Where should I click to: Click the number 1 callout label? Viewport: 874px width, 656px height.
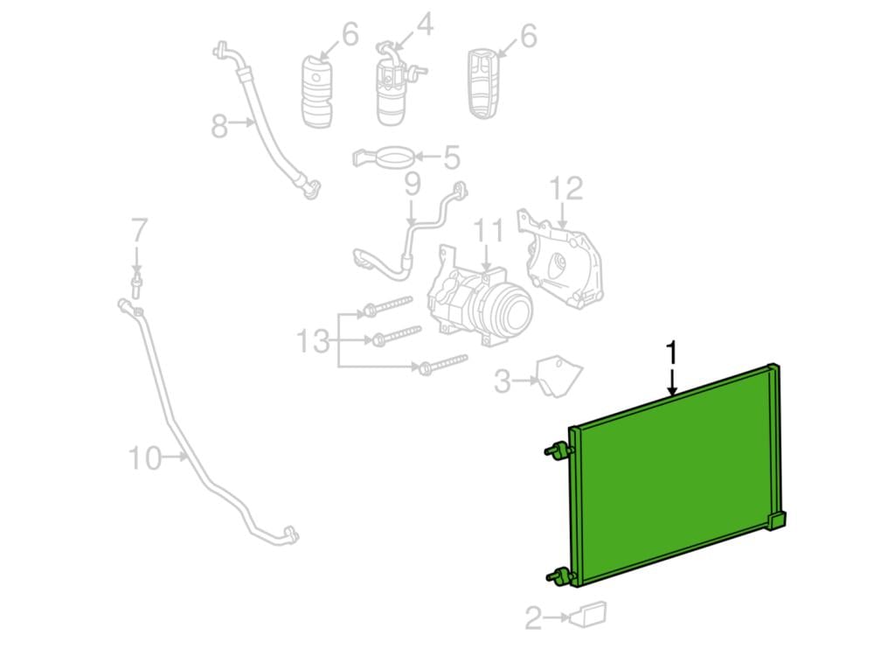pos(673,353)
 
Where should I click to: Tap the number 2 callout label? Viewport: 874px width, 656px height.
pos(533,618)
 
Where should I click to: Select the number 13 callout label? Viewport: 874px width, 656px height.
pos(313,340)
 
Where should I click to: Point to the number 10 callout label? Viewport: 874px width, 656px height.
pos(145,458)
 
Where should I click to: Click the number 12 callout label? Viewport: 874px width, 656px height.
pos(566,189)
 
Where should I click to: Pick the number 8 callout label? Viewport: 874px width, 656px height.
pos(219,126)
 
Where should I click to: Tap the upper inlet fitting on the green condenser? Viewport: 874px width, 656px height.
pos(558,450)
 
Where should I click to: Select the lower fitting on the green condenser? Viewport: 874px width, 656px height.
pos(559,576)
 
